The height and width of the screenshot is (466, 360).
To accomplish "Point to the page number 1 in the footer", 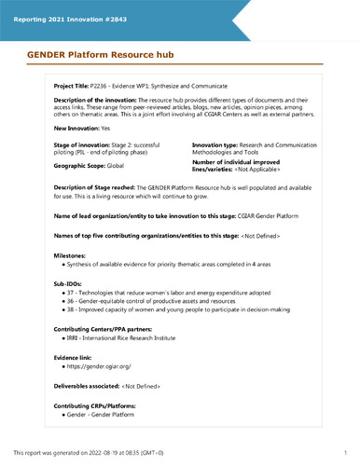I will (345, 453).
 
